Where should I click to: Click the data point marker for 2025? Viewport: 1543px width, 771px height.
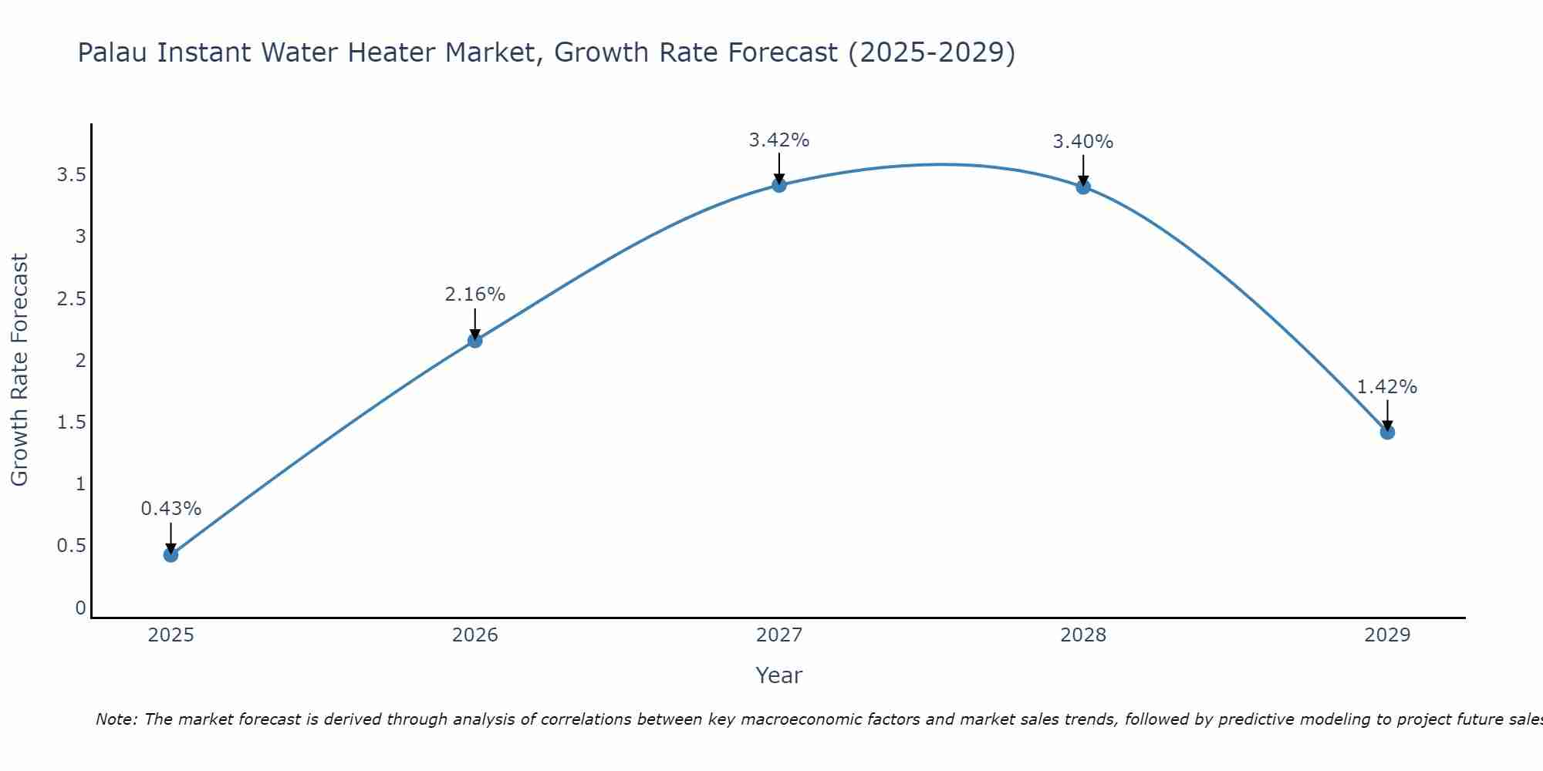pos(171,554)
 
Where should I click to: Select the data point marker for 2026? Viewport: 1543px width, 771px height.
pos(475,340)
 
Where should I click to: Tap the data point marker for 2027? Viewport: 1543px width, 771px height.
pos(779,185)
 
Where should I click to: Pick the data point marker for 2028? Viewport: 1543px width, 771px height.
pos(1083,187)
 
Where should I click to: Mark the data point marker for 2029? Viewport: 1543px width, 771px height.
pos(1387,432)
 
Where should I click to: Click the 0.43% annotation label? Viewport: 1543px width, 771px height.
pos(171,509)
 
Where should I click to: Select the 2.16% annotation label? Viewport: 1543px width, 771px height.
pos(475,295)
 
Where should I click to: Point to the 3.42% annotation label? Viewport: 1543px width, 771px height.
pos(779,140)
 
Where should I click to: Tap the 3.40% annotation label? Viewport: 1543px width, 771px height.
pos(1083,142)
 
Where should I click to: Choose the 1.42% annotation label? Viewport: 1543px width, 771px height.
pos(1387,387)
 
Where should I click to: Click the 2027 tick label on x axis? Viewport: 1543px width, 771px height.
pos(779,635)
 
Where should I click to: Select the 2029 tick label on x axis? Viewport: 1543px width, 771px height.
pos(1387,635)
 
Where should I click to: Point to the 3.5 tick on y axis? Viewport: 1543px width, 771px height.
pos(71,175)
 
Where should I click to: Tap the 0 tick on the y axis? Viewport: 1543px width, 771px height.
pos(80,608)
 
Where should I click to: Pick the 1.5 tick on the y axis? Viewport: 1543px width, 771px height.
pos(71,423)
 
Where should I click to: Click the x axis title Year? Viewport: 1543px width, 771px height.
pos(779,675)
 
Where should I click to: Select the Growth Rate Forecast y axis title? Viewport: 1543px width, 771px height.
pos(19,370)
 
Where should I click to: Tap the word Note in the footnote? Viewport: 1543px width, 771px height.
pos(116,719)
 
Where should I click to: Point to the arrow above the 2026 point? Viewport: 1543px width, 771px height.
pos(475,322)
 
